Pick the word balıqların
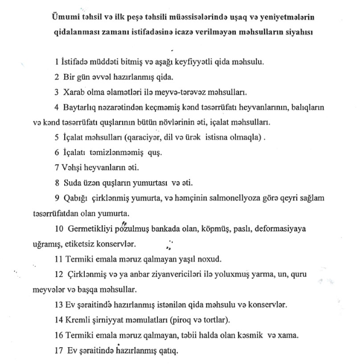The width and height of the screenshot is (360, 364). point(305,107)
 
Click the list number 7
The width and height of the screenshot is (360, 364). point(56,168)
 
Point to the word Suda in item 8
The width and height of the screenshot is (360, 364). point(72,183)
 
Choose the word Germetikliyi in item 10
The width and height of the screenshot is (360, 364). point(88,230)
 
